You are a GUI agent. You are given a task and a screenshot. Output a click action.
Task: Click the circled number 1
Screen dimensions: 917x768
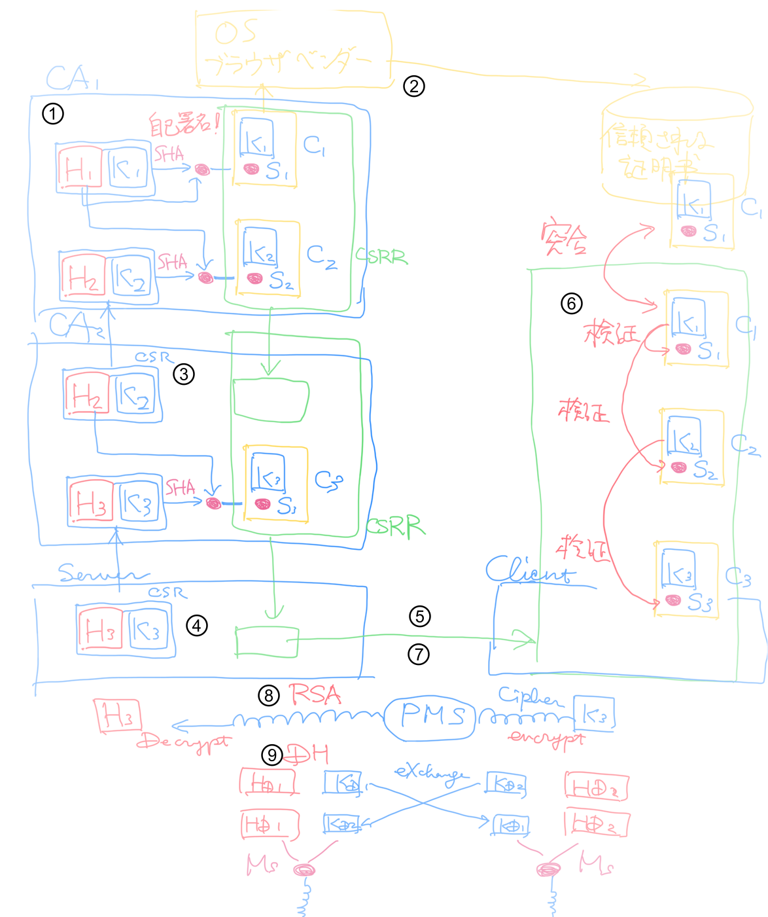[53, 114]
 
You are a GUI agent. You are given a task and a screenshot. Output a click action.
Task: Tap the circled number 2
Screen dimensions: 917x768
[413, 86]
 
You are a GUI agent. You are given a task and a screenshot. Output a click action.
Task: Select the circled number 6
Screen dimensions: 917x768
[571, 303]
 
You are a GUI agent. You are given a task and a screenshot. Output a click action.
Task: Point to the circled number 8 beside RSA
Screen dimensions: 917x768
[269, 695]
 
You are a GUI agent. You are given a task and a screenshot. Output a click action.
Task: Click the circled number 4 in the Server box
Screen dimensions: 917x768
[197, 626]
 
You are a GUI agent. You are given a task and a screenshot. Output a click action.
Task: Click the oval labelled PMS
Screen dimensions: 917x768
[430, 717]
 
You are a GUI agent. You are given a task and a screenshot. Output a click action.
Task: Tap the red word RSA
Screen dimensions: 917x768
[315, 694]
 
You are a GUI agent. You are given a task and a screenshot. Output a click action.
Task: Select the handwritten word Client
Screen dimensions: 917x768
[530, 570]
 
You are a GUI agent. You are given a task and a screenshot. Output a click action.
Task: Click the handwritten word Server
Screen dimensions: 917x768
[98, 574]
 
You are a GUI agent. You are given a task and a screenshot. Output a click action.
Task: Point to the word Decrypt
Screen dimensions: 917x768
[184, 742]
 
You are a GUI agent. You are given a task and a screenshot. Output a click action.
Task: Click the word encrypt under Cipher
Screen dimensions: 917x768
[546, 738]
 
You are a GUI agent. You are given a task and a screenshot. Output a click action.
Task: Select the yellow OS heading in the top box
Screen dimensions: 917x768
[236, 31]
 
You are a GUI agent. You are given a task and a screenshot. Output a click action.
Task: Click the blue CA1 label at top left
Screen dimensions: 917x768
[72, 79]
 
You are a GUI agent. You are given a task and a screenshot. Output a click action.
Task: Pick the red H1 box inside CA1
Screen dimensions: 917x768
[80, 168]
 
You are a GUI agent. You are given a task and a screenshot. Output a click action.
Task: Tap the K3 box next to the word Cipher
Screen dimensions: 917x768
[594, 715]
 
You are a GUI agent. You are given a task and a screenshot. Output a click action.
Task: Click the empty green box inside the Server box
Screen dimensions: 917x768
[266, 642]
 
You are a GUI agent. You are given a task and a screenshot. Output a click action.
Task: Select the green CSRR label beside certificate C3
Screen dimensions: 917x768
[395, 526]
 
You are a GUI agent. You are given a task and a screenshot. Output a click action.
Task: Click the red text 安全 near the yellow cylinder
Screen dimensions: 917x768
[563, 239]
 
